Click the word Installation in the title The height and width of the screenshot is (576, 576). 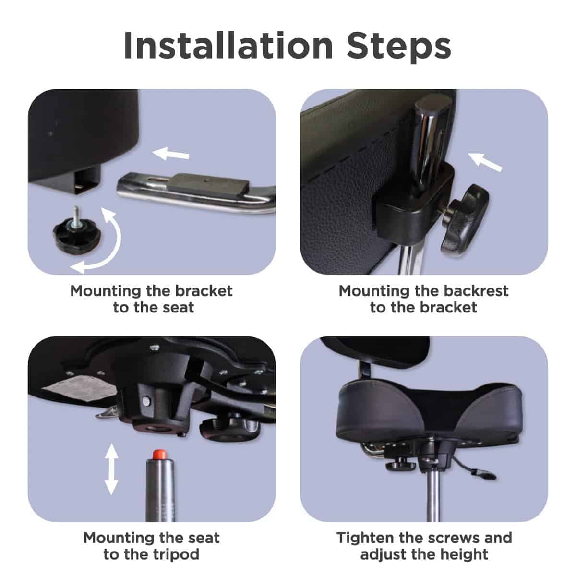pos(228,46)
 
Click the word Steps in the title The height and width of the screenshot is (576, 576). pos(399,47)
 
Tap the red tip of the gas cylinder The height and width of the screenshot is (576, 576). pos(159,455)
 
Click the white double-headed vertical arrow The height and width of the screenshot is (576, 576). pos(111,469)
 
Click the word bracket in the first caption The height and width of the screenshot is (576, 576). pos(204,291)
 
